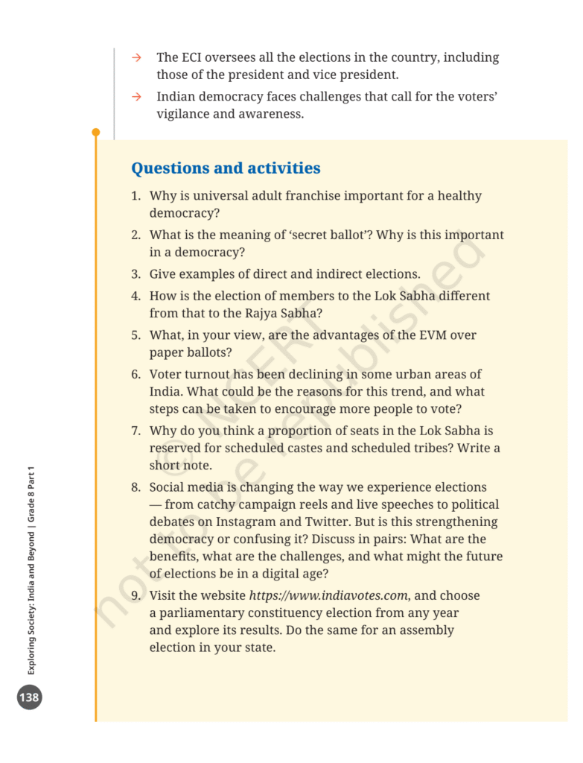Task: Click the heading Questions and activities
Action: (x=226, y=168)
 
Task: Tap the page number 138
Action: (x=30, y=697)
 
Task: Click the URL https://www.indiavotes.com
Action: (x=328, y=595)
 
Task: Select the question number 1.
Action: (x=136, y=196)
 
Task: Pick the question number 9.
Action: (x=136, y=595)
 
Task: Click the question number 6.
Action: (x=136, y=374)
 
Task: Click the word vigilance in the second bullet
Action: (x=183, y=114)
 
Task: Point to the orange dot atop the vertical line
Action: (x=95, y=133)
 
